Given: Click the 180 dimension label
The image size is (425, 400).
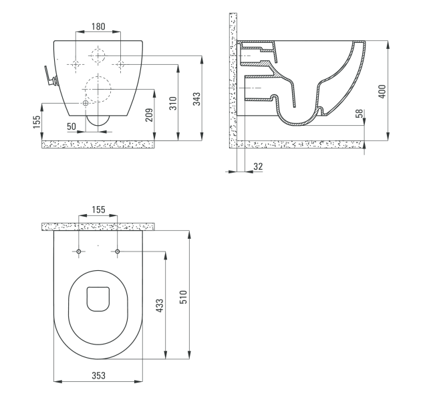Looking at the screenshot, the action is tap(98, 26).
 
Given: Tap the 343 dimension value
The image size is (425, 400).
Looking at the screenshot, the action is tap(197, 99).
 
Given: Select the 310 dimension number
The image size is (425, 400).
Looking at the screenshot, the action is tap(173, 103).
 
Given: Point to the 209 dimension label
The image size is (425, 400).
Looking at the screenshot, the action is tap(149, 115).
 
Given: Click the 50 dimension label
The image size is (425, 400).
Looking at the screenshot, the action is tap(72, 126).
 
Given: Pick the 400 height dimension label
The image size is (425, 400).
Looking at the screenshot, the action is tap(382, 92).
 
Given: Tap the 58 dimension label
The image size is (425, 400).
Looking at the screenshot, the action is tap(359, 113).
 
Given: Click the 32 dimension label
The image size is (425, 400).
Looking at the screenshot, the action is tap(258, 167).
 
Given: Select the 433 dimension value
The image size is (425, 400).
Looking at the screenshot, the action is tap(160, 305).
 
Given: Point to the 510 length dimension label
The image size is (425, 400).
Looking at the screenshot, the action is tap(184, 297).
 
